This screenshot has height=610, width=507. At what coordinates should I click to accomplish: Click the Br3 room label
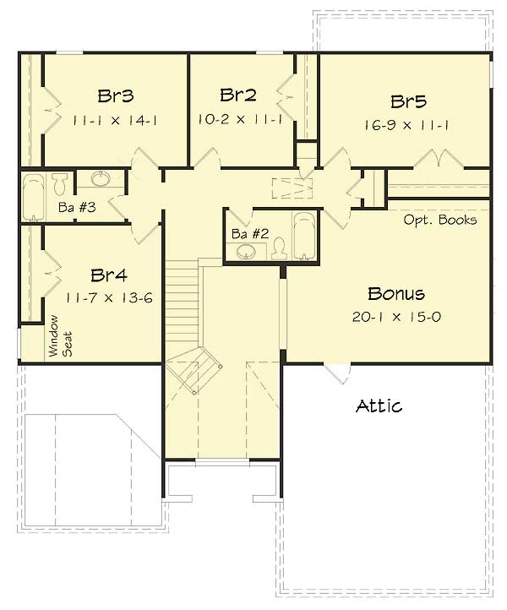pos(115,95)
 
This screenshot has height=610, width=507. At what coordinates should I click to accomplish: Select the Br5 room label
pos(408,101)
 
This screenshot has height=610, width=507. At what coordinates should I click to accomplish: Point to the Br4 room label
pos(108,275)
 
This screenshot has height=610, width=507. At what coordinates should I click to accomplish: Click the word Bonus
pos(395,294)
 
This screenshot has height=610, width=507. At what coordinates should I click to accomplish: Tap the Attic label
pos(379,406)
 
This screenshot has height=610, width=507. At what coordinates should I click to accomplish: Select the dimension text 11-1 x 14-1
pos(115,120)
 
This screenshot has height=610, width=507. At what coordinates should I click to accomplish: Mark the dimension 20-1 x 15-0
pos(396,317)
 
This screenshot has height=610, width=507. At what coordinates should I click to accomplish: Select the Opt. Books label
pos(439,220)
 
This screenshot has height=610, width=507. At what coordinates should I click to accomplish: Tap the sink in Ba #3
pos(101,179)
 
